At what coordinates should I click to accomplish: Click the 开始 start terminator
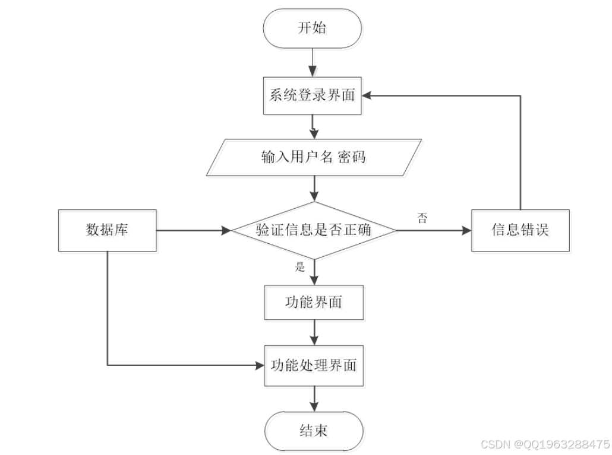coord(313,28)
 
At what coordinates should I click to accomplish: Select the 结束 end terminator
coord(313,430)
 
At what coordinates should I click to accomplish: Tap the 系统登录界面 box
coord(313,96)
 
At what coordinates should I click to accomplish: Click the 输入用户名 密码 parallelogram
coord(314,157)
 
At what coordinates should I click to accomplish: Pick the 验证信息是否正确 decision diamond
coord(313,230)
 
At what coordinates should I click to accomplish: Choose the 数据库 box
coord(107,230)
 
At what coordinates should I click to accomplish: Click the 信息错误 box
coord(520,230)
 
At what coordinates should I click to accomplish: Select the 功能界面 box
coord(313,302)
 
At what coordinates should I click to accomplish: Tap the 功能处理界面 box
coord(313,365)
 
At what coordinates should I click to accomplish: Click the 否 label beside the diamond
coord(422,218)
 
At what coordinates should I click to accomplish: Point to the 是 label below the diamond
coord(300,266)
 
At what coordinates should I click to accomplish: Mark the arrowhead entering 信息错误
coord(466,230)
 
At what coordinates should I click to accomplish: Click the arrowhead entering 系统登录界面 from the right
coord(368,95)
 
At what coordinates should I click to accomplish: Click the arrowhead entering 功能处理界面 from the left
coord(259,365)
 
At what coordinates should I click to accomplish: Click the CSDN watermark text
coord(545,444)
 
